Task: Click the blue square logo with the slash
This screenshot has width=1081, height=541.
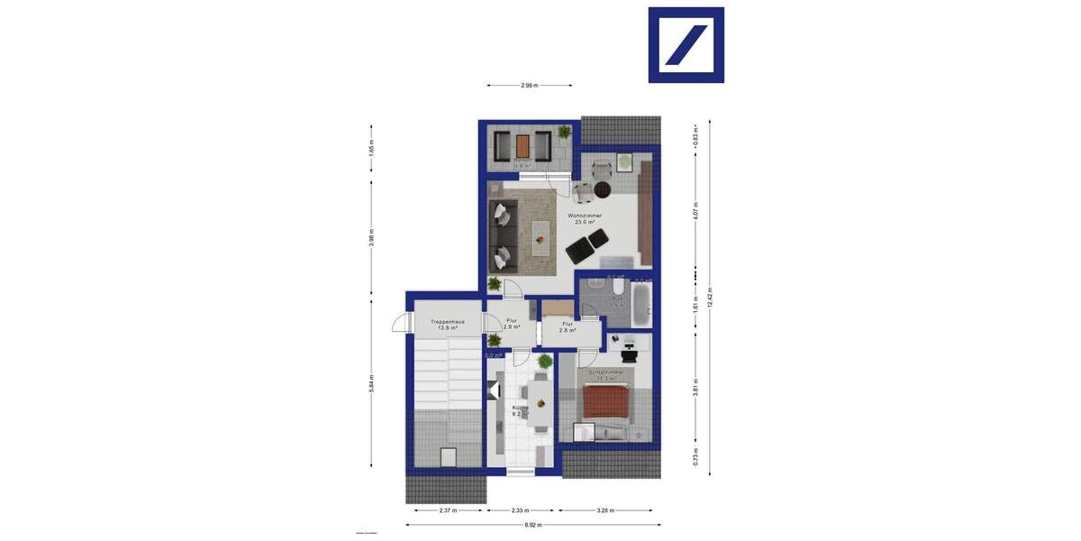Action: pyautogui.click(x=686, y=45)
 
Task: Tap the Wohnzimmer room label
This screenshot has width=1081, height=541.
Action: pyautogui.click(x=585, y=219)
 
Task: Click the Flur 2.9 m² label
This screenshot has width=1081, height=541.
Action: pyautogui.click(x=512, y=324)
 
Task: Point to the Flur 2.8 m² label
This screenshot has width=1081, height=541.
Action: pyautogui.click(x=568, y=327)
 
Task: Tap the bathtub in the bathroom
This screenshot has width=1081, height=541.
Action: pyautogui.click(x=641, y=304)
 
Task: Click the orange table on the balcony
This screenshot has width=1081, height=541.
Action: pyautogui.click(x=522, y=144)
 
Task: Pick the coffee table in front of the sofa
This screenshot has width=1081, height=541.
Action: pyautogui.click(x=540, y=233)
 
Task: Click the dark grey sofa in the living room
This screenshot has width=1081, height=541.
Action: pyautogui.click(x=502, y=236)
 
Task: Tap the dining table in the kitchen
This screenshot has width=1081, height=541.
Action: pyautogui.click(x=540, y=403)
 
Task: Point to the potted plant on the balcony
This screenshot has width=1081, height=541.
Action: pyautogui.click(x=564, y=133)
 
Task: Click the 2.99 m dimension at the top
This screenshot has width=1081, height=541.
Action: pyautogui.click(x=529, y=86)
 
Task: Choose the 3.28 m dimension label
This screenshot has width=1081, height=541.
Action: pyautogui.click(x=605, y=510)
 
